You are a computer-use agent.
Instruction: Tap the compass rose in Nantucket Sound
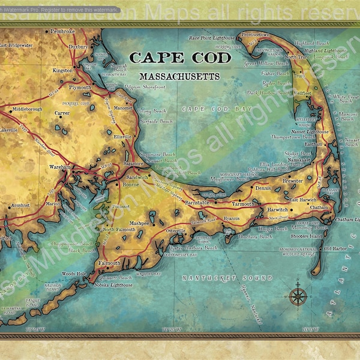pos(298,295)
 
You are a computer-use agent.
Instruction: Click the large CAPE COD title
pos(180,58)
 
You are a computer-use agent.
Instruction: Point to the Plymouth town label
pos(80,88)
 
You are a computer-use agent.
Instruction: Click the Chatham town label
pos(319,208)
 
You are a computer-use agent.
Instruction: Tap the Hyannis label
pos(231,218)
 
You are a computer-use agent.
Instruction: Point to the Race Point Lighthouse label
pos(212,37)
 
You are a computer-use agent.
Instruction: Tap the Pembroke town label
pos(63,31)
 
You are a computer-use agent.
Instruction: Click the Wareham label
pos(61,167)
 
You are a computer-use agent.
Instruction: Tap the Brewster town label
pos(292,180)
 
